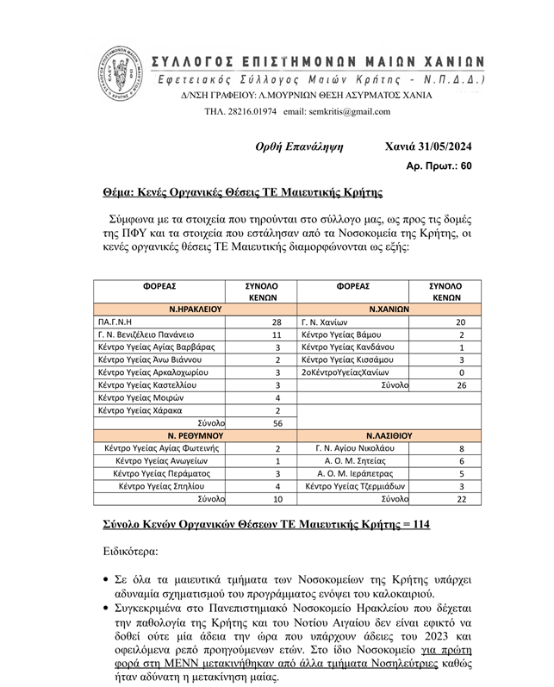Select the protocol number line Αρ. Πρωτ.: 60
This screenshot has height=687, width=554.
tap(439, 164)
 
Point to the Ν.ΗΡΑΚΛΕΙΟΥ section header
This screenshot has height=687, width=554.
tap(196, 308)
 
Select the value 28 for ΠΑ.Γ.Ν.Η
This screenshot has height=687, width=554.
tap(277, 321)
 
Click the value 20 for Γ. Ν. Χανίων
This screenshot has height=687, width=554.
tap(460, 321)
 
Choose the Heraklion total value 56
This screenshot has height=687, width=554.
tap(277, 423)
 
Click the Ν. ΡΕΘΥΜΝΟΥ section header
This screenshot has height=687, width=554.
tap(196, 436)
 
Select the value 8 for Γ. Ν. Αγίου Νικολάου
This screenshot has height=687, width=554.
tap(461, 449)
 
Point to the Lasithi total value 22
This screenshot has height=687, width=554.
tap(461, 499)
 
